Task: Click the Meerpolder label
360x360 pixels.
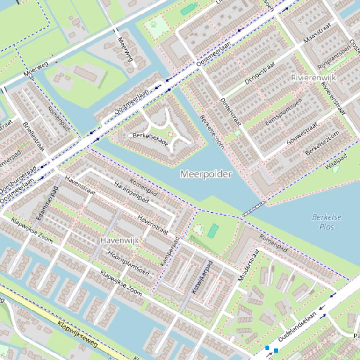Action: [206, 174]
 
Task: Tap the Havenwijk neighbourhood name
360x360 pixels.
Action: [120, 240]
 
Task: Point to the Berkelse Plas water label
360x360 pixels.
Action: [327, 222]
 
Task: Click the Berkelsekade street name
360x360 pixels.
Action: [150, 139]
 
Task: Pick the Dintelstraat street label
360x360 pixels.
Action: [230, 112]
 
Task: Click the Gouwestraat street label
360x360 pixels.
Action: [302, 133]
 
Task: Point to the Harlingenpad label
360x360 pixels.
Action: [131, 192]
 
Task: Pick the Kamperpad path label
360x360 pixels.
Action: [170, 252]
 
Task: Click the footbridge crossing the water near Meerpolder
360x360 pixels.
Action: [254, 209]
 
